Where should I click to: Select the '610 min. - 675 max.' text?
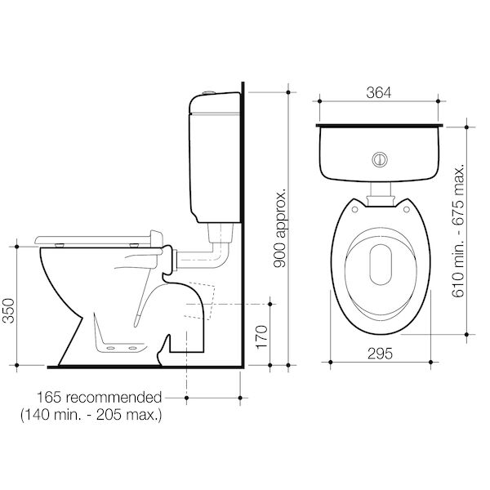(459, 229)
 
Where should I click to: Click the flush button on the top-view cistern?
(378, 158)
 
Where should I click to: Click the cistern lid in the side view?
(214, 100)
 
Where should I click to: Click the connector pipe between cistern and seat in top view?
(379, 194)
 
